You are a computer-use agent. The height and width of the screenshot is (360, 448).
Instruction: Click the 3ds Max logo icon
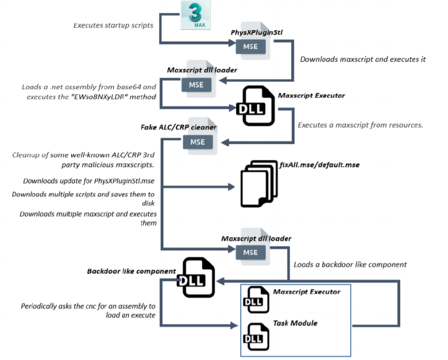pyautogui.click(x=196, y=15)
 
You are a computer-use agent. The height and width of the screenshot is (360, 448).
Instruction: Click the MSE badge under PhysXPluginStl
pyautogui.click(x=250, y=47)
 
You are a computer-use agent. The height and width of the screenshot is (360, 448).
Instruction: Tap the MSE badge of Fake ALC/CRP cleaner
pyautogui.click(x=198, y=142)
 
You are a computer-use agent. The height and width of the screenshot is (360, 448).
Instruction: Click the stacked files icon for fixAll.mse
pyautogui.click(x=259, y=184)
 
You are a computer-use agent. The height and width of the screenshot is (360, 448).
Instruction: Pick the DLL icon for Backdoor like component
pyautogui.click(x=196, y=277)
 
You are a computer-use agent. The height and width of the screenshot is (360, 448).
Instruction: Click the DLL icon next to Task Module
pyautogui.click(x=256, y=336)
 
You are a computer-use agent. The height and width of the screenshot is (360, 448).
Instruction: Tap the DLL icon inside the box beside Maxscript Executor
pyautogui.click(x=256, y=300)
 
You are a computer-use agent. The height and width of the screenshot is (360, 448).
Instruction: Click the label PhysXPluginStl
pyautogui.click(x=257, y=33)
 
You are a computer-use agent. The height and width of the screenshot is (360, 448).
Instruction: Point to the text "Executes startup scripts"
pyautogui.click(x=113, y=25)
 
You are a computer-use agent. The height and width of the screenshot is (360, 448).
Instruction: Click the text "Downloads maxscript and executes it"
pyautogui.click(x=363, y=59)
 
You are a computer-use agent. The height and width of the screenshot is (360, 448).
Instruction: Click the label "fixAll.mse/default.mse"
pyautogui.click(x=320, y=165)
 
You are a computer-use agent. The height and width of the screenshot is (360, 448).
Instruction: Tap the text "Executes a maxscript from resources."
pyautogui.click(x=360, y=125)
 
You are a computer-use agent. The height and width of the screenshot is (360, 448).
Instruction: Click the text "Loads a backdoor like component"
pyautogui.click(x=350, y=264)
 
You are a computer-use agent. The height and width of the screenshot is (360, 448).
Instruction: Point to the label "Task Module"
pyautogui.click(x=295, y=323)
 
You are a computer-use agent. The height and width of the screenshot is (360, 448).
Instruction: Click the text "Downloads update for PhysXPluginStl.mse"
pyautogui.click(x=89, y=181)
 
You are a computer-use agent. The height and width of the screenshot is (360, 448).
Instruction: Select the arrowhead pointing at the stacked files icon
pyautogui.click(x=232, y=187)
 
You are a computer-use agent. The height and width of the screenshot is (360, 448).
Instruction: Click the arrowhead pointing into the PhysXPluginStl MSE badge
pyautogui.click(x=232, y=43)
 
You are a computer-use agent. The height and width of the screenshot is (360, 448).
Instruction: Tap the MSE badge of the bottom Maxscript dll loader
pyautogui.click(x=250, y=253)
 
